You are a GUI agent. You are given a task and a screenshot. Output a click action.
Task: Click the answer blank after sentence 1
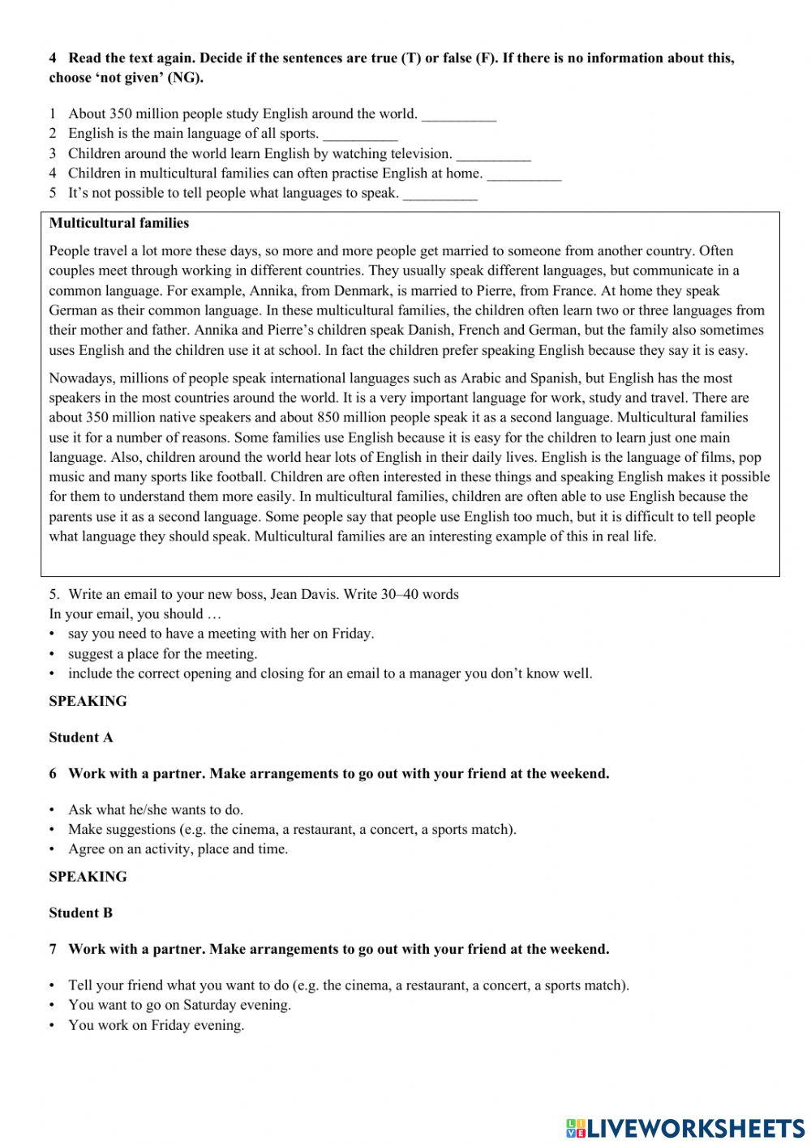click(x=458, y=115)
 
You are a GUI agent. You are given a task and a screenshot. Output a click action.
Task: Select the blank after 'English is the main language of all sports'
click(x=360, y=135)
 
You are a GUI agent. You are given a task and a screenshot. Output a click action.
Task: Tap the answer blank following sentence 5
click(x=440, y=194)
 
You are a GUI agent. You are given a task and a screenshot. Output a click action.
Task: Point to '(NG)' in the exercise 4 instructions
click(x=185, y=79)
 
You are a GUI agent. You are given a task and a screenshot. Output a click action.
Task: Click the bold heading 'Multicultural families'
click(x=119, y=224)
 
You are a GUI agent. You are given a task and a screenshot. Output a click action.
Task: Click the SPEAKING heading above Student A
click(x=88, y=702)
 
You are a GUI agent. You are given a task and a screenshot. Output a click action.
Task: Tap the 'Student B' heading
click(x=80, y=913)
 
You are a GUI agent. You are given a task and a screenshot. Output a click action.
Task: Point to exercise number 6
click(x=53, y=774)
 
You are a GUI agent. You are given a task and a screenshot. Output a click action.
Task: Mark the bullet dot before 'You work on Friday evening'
click(x=53, y=1026)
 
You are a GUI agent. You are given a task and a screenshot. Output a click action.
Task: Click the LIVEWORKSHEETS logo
click(x=685, y=1127)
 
